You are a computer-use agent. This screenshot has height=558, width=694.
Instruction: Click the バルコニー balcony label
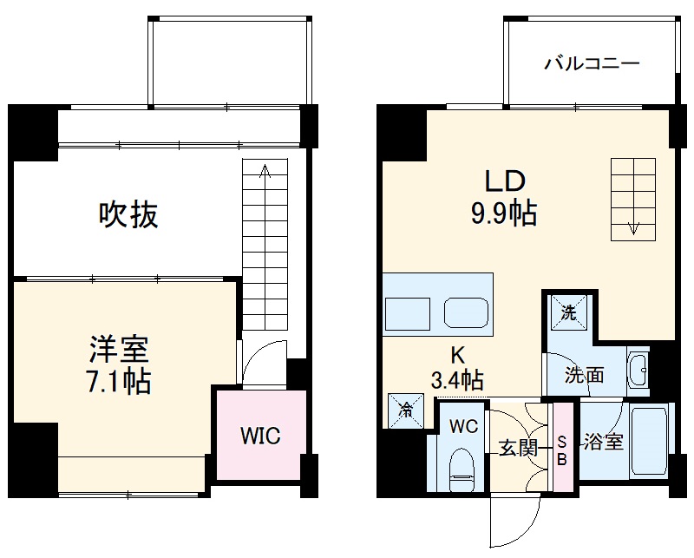[x=592, y=64]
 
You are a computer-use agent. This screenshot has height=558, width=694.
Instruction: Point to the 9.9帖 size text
[x=504, y=212]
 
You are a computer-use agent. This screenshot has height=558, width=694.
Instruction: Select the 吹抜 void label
[x=128, y=213]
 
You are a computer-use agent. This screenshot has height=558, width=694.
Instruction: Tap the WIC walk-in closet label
[x=260, y=436]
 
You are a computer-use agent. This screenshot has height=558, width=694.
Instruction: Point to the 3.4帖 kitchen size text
[x=456, y=379]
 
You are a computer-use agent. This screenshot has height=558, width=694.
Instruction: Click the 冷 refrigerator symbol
[x=406, y=410]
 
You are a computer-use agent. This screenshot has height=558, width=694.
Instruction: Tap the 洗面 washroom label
[x=584, y=376]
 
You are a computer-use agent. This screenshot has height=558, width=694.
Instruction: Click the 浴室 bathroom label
[x=602, y=442]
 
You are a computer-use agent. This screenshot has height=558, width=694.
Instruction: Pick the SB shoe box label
[x=562, y=450]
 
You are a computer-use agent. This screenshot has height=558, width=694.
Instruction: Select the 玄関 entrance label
[x=517, y=449]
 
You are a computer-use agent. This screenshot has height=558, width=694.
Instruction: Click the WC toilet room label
[x=463, y=426]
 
